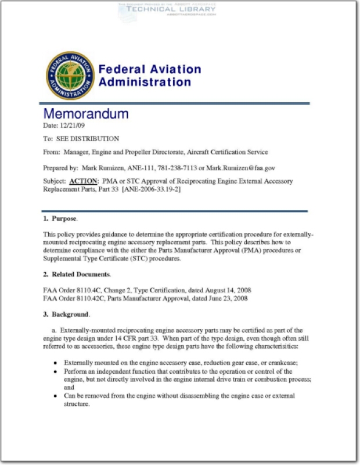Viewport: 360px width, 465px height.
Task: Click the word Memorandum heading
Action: pos(86,114)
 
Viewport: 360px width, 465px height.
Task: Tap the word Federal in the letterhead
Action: pos(122,69)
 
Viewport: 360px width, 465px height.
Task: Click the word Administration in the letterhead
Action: pos(145,82)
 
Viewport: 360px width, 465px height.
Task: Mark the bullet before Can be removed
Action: pos(55,396)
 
